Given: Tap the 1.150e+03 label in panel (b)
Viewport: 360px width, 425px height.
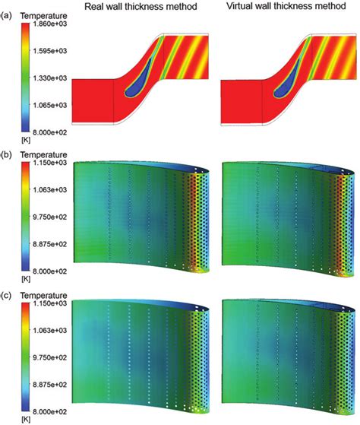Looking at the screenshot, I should (50, 163).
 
